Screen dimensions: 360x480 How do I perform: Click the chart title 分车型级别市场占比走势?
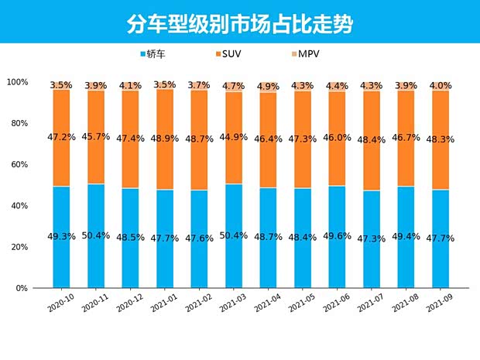pyautogui.click(x=239, y=24)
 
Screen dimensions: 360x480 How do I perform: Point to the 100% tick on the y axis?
pyautogui.click(x=17, y=82)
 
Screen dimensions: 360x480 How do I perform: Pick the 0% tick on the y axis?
pyautogui.click(x=22, y=288)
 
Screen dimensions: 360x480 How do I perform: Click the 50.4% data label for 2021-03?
pyautogui.click(x=233, y=235)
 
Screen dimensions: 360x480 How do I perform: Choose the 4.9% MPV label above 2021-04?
pyautogui.click(x=268, y=86)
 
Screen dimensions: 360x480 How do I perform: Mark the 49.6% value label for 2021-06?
pyautogui.click(x=337, y=236)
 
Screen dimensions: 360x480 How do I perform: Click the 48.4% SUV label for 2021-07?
pyautogui.click(x=372, y=139)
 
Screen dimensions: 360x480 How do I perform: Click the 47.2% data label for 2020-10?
pyautogui.click(x=61, y=136)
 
